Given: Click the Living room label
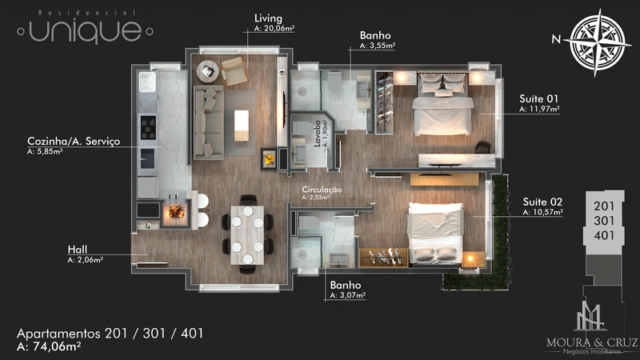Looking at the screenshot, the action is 268,18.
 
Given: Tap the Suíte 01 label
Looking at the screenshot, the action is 538,98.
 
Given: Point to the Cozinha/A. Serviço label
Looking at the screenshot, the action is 74,142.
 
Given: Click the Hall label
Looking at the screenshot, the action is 78,250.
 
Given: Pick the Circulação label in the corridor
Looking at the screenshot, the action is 322,190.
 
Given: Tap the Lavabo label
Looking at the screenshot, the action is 318,134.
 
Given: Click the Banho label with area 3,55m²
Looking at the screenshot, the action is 375,35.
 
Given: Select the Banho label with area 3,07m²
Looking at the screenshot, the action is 346,285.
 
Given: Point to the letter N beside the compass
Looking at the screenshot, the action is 556,38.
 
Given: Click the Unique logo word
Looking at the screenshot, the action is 86,30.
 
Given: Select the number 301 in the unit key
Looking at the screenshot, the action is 604,221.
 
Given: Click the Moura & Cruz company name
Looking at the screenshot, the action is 592,342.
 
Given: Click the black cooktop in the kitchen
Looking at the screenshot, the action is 148,127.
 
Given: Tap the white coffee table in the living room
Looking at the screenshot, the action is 242,126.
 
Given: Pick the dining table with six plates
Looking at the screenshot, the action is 247,234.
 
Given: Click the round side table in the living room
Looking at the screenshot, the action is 208,72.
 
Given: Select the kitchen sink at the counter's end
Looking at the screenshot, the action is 147,82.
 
